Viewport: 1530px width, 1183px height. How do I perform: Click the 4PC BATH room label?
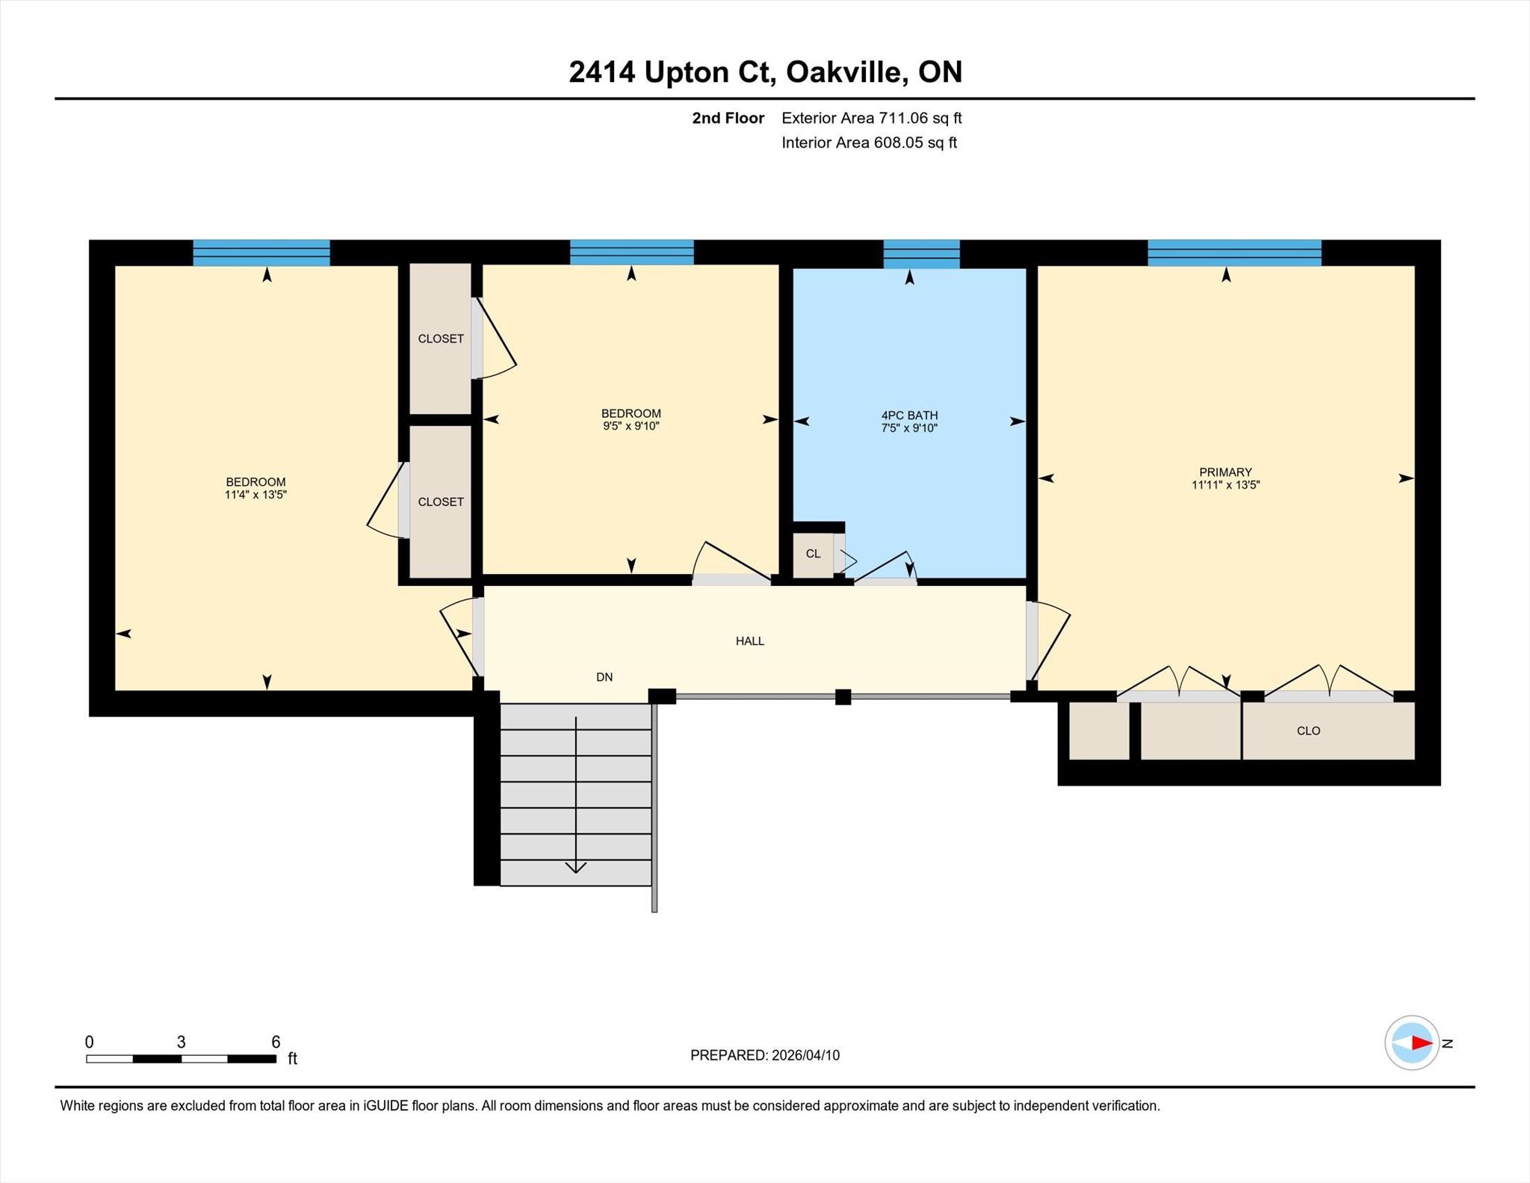pos(909,416)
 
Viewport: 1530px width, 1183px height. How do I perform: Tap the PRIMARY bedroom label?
pos(1225,472)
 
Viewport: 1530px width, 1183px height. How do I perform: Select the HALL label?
pos(750,641)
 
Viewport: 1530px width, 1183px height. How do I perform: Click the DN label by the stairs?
pos(604,677)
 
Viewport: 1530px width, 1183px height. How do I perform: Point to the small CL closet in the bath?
pos(813,554)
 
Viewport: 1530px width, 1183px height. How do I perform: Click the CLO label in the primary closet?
pos(1308,731)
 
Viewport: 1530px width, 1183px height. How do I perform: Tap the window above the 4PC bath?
pos(921,254)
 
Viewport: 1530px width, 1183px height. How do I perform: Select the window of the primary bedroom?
pos(1234,253)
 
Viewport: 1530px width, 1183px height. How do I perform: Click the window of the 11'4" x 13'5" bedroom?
pos(261,253)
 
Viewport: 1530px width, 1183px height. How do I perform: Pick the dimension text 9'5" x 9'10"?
pos(631,427)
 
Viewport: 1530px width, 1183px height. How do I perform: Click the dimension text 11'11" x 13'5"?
pos(1225,485)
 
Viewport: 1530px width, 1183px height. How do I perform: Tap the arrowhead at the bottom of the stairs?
pos(575,868)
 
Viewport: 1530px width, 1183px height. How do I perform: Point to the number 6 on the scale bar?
pos(276,1042)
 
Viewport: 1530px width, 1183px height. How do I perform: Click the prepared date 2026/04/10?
pos(805,1055)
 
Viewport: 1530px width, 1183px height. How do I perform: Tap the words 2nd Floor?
pos(728,118)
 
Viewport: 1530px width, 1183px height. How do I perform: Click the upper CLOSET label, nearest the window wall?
pos(441,339)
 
